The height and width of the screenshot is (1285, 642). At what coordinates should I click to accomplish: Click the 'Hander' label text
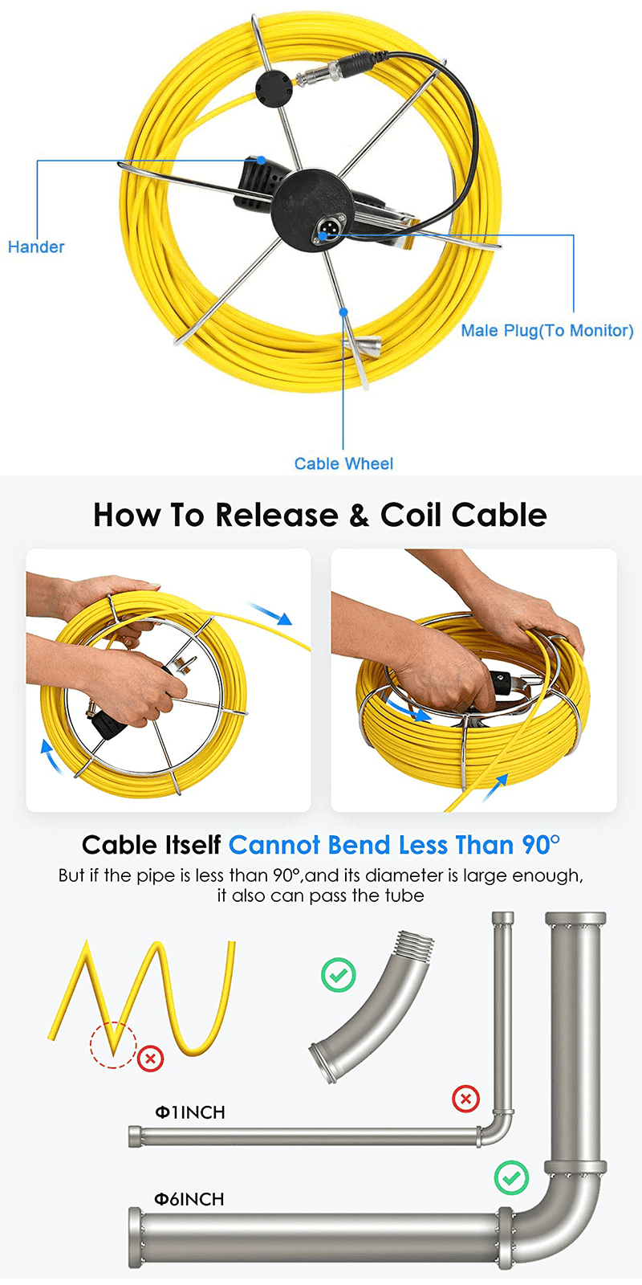(x=36, y=247)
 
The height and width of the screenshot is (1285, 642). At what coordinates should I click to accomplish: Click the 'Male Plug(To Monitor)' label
(x=547, y=331)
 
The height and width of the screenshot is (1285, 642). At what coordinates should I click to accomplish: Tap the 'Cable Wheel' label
(x=343, y=464)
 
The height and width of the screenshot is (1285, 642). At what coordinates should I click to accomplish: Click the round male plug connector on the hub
(x=328, y=230)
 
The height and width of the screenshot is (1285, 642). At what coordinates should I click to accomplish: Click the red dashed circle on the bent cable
(x=113, y=1045)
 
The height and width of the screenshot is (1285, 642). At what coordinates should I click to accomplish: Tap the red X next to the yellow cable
(x=150, y=1059)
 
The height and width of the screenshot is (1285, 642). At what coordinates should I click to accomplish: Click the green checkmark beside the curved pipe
(x=338, y=975)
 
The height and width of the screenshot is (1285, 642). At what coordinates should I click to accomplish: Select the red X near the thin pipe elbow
(x=465, y=1098)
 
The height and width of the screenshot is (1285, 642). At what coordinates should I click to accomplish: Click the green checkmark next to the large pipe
(x=510, y=1178)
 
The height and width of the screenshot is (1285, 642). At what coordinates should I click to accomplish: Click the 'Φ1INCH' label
(x=189, y=1113)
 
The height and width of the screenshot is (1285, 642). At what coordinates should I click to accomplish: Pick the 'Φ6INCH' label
(x=189, y=1199)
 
